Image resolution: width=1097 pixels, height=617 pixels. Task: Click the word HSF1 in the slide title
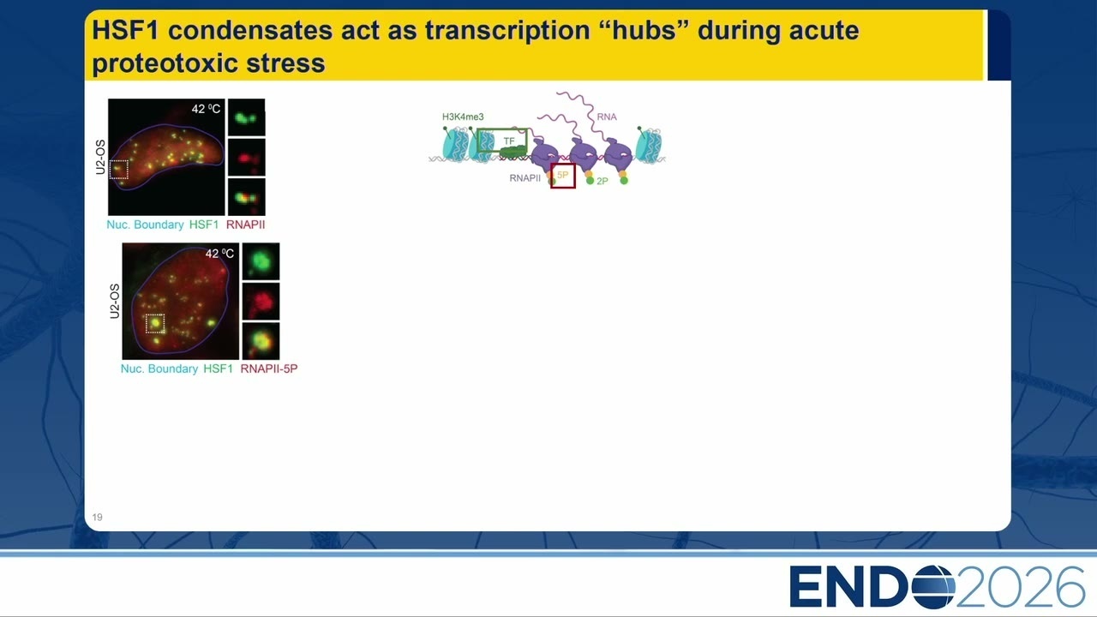tap(125, 30)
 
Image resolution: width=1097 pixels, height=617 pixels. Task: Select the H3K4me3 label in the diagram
tap(463, 117)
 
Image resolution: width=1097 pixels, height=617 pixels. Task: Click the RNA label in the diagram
tap(607, 117)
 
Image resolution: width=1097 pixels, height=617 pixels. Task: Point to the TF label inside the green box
tap(509, 141)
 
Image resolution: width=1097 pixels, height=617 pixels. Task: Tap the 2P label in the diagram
tap(602, 181)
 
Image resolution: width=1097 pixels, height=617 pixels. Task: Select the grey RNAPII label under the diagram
tap(525, 178)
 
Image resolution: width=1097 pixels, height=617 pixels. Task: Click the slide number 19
tap(98, 517)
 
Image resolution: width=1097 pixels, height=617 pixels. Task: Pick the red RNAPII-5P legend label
tap(269, 368)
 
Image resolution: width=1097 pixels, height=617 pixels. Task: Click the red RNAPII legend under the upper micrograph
tap(245, 225)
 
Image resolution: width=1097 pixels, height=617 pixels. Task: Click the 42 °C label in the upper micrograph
tap(206, 109)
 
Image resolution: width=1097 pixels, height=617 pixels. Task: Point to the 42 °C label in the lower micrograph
tap(219, 253)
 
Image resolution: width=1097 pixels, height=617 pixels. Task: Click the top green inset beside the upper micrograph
tap(246, 117)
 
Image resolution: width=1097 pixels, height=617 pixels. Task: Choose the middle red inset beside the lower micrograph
tap(261, 302)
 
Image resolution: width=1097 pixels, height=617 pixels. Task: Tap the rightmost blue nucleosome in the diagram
tap(649, 145)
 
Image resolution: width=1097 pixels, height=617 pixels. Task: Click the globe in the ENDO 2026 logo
tap(933, 587)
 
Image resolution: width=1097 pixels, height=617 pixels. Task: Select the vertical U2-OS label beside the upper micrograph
tap(100, 157)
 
